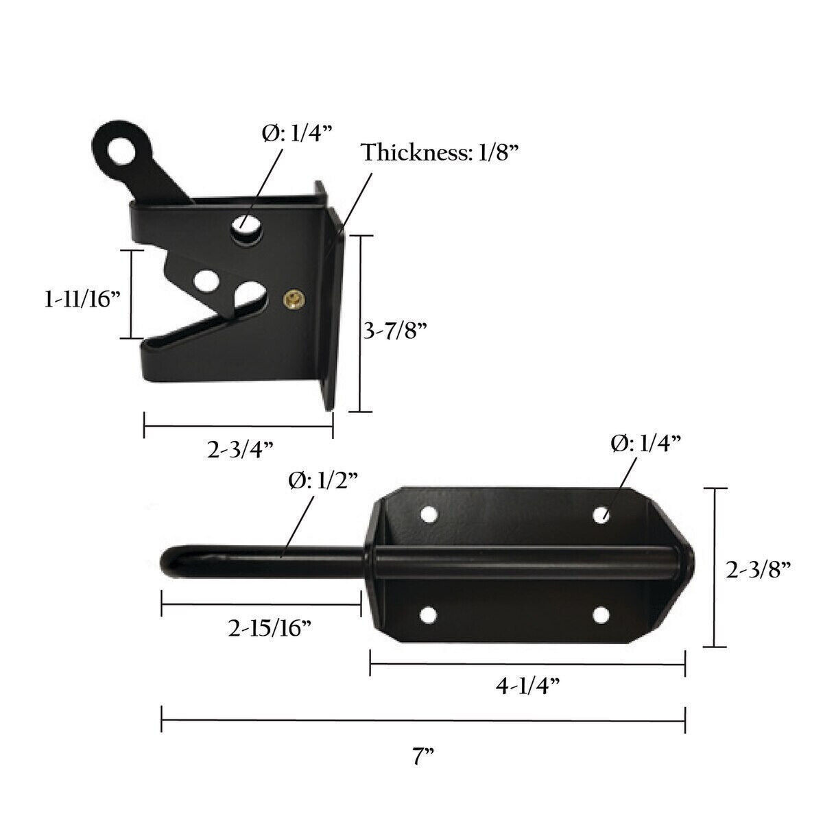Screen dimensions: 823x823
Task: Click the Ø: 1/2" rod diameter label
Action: (x=322, y=481)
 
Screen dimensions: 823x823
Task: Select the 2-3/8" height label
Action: (x=759, y=569)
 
